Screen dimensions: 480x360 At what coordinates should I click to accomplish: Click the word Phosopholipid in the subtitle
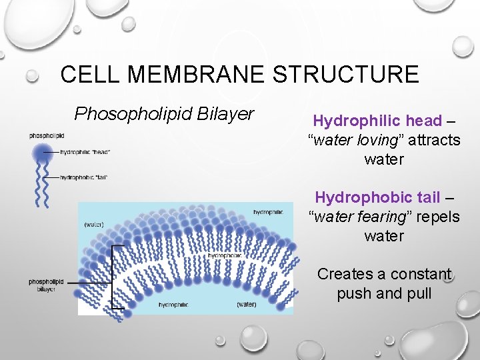[133, 114]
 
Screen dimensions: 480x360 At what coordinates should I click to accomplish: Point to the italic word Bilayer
[225, 114]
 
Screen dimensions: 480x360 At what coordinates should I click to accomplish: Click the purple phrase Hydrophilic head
[377, 121]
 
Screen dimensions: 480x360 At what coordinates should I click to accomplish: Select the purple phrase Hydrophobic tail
[377, 197]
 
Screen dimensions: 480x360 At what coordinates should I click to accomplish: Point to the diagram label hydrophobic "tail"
[83, 177]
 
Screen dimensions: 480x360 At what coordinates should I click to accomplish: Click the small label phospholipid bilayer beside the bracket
[46, 285]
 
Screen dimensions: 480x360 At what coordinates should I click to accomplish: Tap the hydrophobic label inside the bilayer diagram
[224, 255]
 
